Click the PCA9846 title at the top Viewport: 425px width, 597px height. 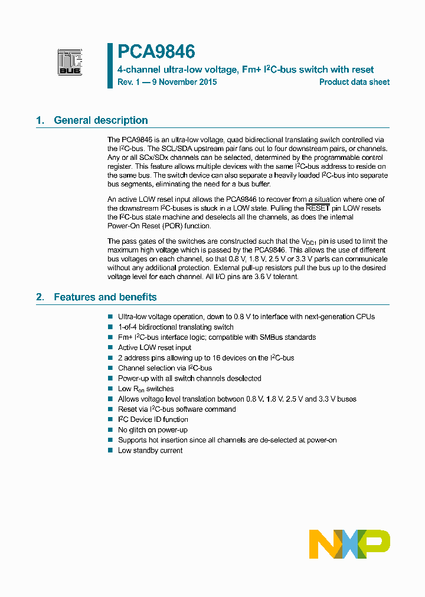(156, 53)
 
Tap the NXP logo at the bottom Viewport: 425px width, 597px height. (349, 544)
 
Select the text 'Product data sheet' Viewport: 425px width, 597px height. (354, 82)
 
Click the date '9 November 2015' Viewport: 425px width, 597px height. (184, 82)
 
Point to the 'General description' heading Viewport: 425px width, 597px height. (101, 120)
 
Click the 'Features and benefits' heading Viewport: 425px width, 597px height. (105, 297)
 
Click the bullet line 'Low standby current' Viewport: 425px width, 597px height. (150, 451)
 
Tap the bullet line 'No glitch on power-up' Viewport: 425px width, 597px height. (153, 430)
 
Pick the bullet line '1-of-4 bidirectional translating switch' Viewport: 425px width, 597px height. (176, 327)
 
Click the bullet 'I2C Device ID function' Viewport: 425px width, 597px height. (153, 419)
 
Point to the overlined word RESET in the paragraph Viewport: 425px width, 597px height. (318, 208)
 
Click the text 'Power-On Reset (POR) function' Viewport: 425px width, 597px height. (158, 226)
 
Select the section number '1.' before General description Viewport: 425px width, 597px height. (40, 120)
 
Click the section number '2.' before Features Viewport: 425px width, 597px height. (40, 297)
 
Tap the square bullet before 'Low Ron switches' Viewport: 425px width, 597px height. (110, 389)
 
